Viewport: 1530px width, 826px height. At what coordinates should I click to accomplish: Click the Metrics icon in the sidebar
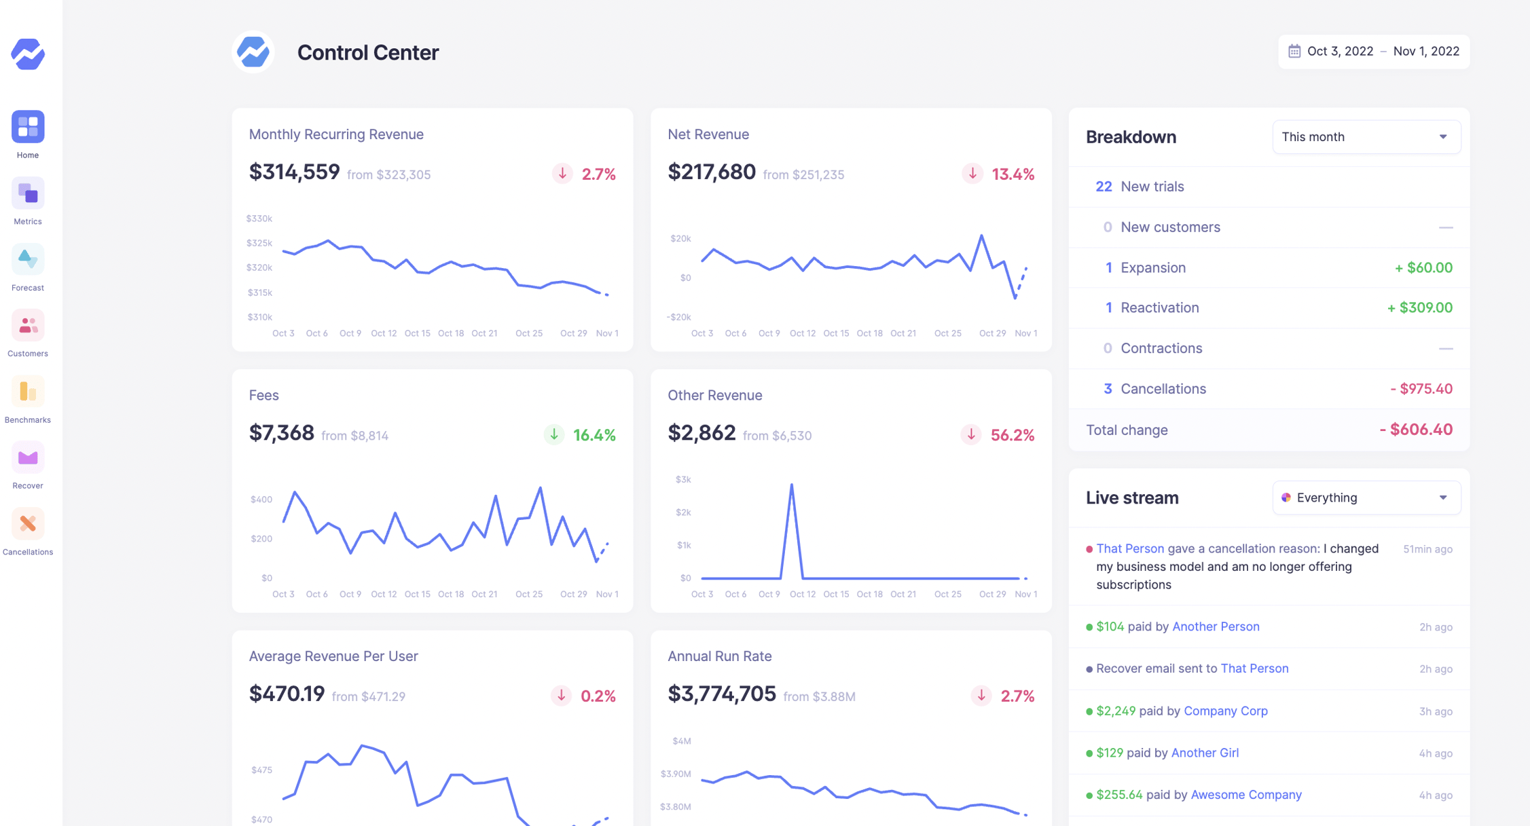pos(28,194)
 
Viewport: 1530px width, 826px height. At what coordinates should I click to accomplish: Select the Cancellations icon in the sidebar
pos(28,524)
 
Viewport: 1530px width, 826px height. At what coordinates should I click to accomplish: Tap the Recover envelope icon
pos(28,458)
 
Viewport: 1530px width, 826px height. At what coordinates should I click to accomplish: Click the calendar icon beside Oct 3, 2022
pos(1294,52)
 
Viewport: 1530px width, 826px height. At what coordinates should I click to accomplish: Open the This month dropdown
pos(1366,137)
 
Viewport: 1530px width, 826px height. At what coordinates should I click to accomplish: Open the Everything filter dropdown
pos(1366,498)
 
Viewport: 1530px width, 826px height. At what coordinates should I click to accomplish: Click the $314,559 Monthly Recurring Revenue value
pos(294,172)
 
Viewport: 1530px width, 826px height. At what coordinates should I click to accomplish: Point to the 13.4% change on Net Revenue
pos(1013,174)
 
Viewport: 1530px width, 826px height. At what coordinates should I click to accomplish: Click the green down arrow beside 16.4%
pos(554,434)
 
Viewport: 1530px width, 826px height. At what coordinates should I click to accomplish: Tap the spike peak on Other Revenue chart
pos(791,485)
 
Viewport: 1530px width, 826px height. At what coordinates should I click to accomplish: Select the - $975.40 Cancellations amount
pos(1421,389)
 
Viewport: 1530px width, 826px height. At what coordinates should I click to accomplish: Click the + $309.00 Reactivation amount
pos(1419,308)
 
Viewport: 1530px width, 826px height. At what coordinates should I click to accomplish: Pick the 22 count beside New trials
pos(1104,187)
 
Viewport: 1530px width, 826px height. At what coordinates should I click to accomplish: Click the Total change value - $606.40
pos(1416,430)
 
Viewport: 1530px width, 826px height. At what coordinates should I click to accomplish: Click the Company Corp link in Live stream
pos(1225,711)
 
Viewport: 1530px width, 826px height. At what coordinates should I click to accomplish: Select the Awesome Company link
pos(1245,795)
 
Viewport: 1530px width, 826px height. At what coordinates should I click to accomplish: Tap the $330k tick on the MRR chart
pos(259,219)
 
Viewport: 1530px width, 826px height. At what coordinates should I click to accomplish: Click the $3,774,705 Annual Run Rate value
pos(721,694)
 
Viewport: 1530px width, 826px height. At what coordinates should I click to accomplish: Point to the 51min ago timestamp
pos(1427,549)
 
